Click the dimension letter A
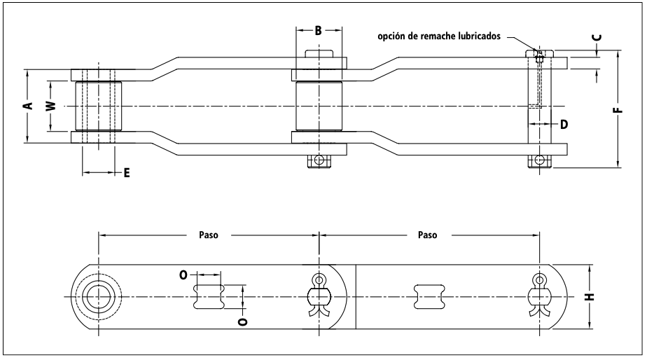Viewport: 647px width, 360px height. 29,106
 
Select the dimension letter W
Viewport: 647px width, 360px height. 50,106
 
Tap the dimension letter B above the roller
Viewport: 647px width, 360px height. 318,30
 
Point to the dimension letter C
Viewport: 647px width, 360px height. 597,38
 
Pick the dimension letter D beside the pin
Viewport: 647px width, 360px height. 564,124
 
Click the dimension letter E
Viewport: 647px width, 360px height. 127,172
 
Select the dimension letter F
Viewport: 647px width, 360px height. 618,110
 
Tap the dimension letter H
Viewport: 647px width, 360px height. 590,296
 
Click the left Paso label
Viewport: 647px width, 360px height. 209,235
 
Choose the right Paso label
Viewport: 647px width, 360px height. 427,235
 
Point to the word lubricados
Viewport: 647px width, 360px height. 479,36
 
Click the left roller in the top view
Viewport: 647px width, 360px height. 98,106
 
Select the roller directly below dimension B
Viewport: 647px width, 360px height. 319,106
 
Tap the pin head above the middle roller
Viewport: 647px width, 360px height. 319,54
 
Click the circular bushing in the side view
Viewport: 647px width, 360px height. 98,297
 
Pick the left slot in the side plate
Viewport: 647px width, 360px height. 209,296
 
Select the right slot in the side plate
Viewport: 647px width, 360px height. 429,296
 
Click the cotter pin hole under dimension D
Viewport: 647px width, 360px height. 539,160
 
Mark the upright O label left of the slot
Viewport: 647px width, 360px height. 183,275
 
